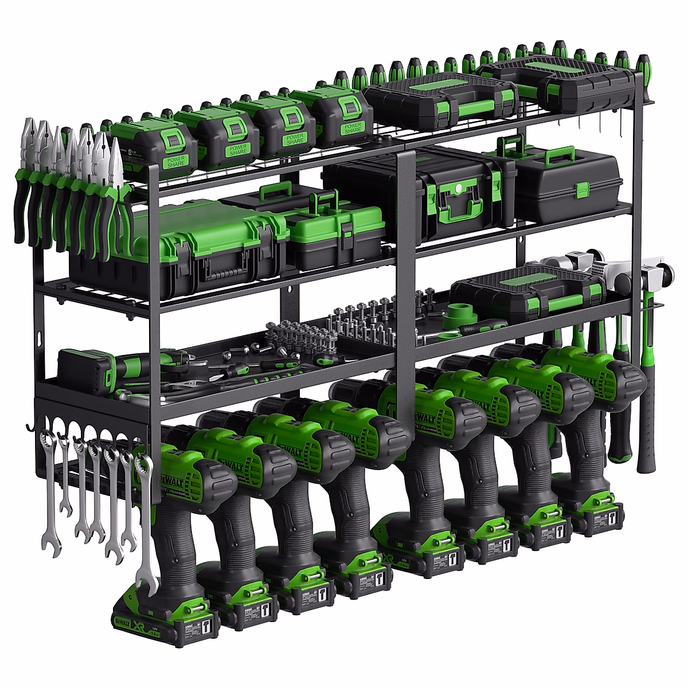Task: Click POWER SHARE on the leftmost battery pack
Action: (x=176, y=162)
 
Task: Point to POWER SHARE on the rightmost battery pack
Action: (x=353, y=127)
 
